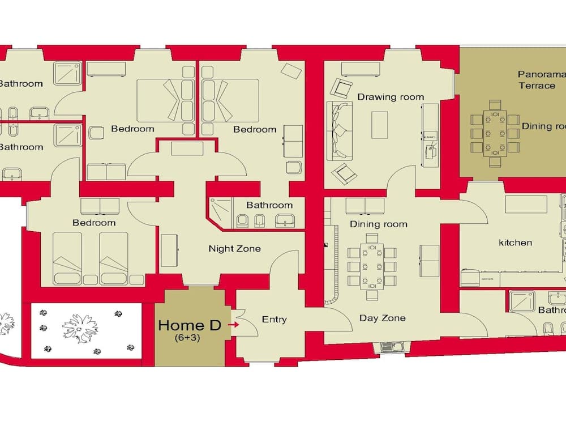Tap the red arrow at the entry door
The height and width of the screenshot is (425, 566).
pos(232,325)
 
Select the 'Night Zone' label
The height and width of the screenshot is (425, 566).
pos(234,248)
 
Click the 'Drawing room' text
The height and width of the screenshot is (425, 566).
pos(391,97)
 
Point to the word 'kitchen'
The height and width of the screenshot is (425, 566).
pos(515,243)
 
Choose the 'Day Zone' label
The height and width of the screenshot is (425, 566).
pos(382,318)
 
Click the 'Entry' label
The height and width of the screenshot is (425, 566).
pos(274,319)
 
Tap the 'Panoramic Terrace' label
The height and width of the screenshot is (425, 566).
pos(537,80)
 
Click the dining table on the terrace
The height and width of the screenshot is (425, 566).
pos(495,134)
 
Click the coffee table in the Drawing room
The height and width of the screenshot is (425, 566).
pos(379,125)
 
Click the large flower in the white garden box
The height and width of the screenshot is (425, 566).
pos(79,328)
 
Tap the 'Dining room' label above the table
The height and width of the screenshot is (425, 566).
pos(378,224)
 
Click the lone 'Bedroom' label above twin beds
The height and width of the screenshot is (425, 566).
pos(94,223)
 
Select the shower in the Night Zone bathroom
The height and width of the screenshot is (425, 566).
pos(219,210)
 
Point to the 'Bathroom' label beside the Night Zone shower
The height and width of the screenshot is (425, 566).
pos(269,205)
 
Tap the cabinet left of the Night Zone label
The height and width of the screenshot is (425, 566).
pos(169,249)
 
